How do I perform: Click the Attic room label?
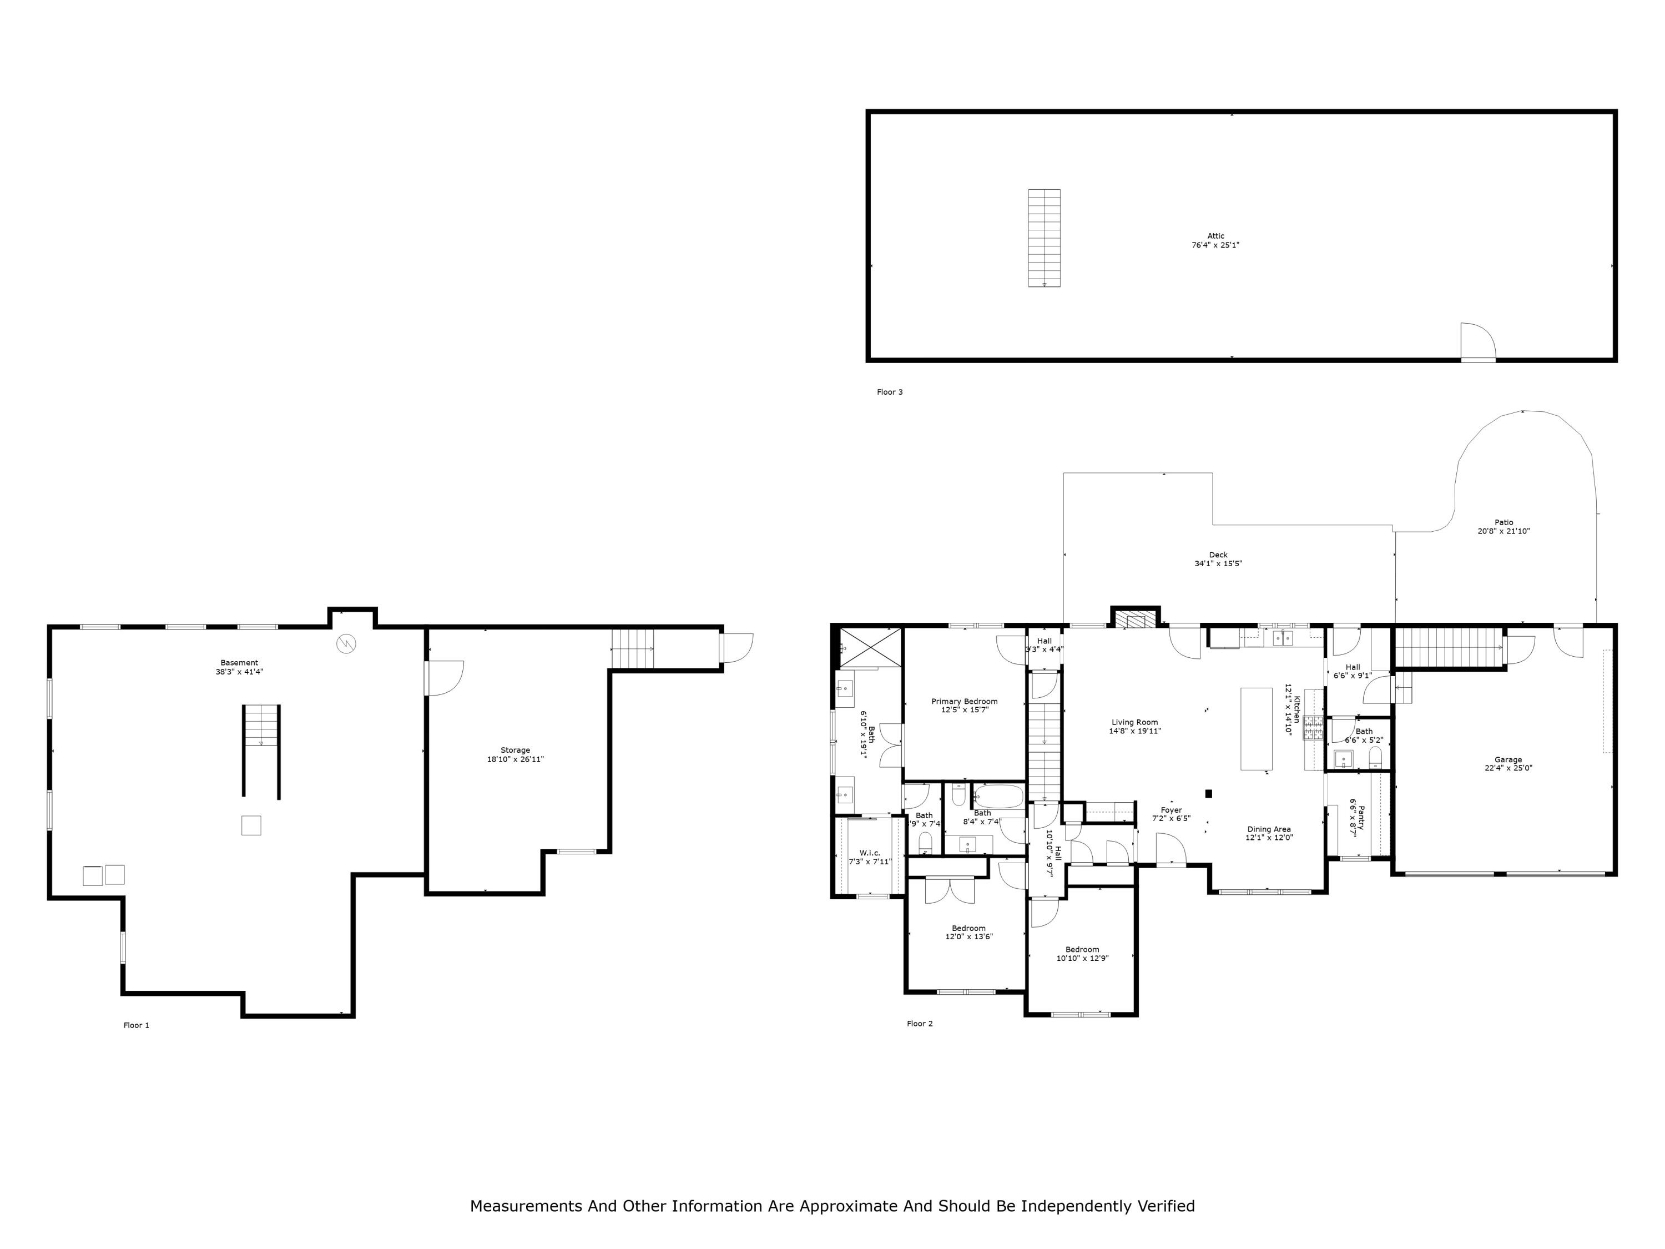click(x=1215, y=236)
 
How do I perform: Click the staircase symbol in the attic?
click(x=1044, y=238)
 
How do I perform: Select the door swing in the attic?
click(x=1477, y=342)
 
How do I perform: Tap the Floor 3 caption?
click(x=890, y=392)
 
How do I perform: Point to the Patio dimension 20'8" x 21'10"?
click(x=1503, y=532)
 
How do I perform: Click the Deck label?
click(x=1218, y=555)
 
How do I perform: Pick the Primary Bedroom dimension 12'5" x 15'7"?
click(x=964, y=710)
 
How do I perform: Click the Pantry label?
click(x=1360, y=817)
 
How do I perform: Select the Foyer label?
click(x=1171, y=810)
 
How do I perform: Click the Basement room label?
click(x=239, y=662)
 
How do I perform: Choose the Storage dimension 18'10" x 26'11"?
click(x=515, y=759)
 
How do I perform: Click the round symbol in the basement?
click(x=346, y=644)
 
